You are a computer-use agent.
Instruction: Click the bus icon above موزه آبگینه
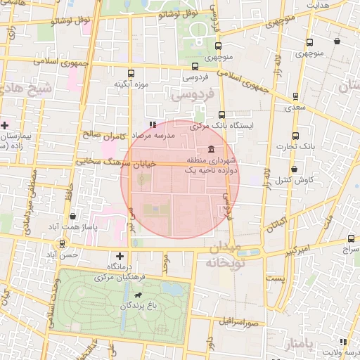pos(131,73)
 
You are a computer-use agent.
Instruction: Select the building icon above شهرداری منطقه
pos(212,148)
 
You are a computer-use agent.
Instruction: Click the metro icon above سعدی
pos(295,97)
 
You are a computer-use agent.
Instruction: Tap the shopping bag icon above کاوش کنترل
pos(294,169)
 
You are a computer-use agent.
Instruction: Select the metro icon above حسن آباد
pos(63,244)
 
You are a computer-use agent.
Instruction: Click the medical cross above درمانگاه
pos(120,256)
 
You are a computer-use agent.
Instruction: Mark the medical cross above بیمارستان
pos(4,124)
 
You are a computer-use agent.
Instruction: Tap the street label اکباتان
pos(276,224)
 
